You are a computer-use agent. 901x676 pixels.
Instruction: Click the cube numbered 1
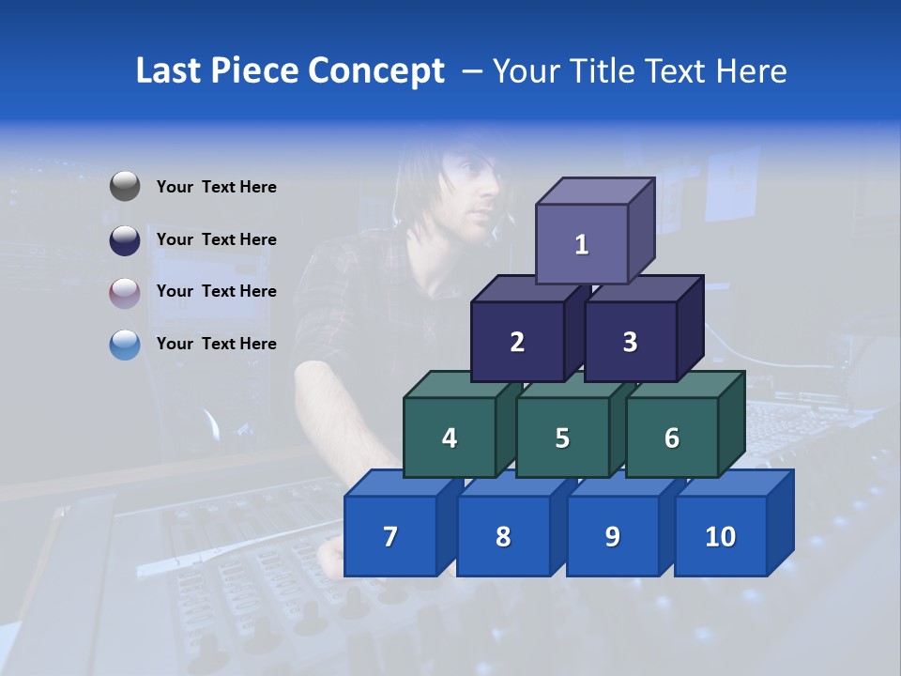[582, 244]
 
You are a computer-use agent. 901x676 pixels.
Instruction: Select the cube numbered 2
[517, 342]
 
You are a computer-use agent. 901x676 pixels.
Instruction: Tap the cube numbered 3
[630, 342]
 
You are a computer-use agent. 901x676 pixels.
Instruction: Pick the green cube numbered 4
[450, 438]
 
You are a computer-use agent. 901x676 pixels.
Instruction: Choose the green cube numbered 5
[562, 438]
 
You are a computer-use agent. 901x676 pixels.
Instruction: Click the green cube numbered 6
[672, 438]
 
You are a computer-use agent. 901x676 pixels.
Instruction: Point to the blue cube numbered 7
[390, 536]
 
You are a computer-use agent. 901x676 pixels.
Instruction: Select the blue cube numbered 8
[503, 536]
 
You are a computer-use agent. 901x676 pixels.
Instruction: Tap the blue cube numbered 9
[613, 536]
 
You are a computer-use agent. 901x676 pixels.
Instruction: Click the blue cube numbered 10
[721, 536]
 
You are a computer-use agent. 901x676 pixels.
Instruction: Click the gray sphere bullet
[125, 187]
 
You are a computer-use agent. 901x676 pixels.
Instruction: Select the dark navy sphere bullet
[125, 239]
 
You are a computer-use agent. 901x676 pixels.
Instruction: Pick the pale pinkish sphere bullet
[125, 292]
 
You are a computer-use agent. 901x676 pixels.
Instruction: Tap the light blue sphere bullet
[125, 345]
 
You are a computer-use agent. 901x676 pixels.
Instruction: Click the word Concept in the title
[375, 71]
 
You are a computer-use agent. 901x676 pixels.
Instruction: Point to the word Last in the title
[171, 71]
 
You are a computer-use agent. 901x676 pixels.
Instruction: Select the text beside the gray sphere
[217, 187]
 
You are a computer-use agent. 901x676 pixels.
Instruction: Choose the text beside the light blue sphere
[217, 344]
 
